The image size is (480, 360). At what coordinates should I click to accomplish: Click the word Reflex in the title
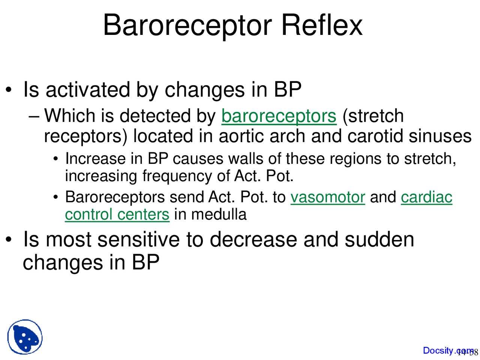point(322,25)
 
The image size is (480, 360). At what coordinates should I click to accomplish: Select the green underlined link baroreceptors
point(279,116)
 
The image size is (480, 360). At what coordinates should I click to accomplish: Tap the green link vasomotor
point(328,197)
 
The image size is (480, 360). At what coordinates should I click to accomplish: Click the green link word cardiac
point(426,197)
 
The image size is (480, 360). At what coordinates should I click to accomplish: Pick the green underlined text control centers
point(117,214)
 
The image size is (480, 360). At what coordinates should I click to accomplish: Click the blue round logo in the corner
point(25,337)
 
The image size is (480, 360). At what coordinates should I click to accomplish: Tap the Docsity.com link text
point(444,351)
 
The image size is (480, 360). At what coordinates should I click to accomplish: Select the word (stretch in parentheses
point(373,116)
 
